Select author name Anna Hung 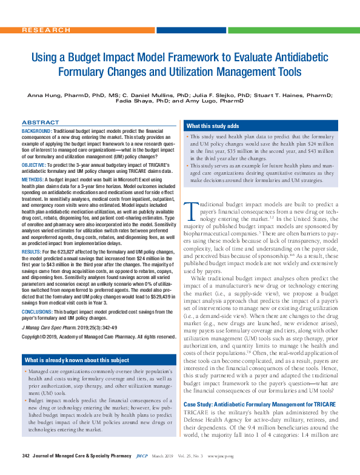pos(44,95)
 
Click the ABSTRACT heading pos(41,122)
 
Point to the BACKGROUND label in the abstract pos(36,131)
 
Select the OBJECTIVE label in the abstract pos(33,166)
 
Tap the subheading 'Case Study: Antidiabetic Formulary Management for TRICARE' pos(258,404)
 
